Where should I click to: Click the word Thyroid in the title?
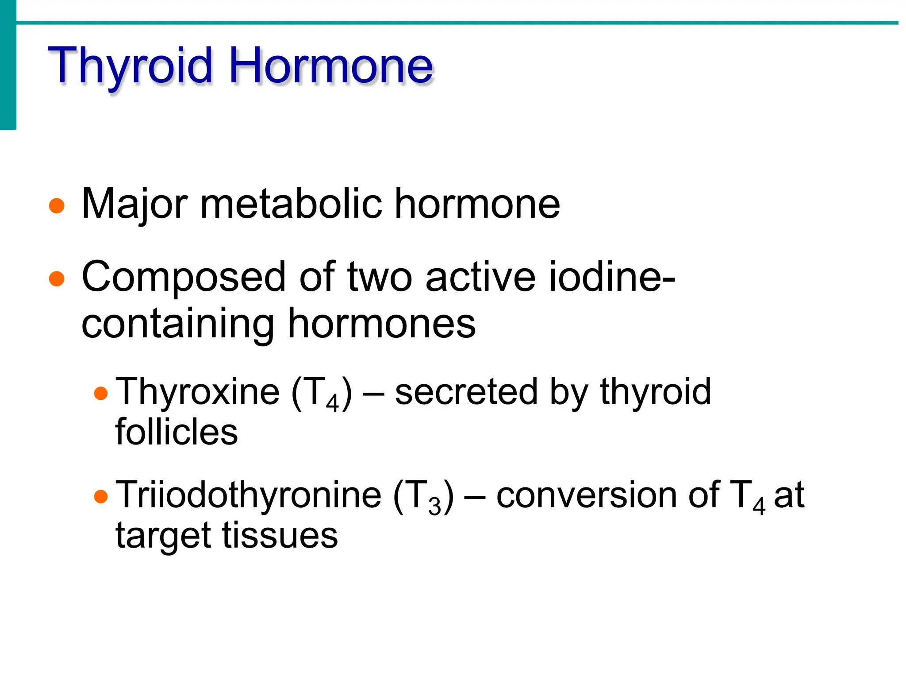(131, 66)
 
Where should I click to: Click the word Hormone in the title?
(331, 66)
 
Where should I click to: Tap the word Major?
(134, 205)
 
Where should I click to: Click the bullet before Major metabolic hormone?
(57, 206)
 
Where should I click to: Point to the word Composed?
(184, 278)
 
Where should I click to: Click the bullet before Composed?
(57, 279)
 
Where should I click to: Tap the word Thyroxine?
(197, 392)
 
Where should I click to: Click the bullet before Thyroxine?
(101, 394)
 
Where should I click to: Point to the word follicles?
(177, 432)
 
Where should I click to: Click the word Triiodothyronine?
(248, 495)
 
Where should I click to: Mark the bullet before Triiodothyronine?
(101, 497)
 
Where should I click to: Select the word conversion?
(586, 495)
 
